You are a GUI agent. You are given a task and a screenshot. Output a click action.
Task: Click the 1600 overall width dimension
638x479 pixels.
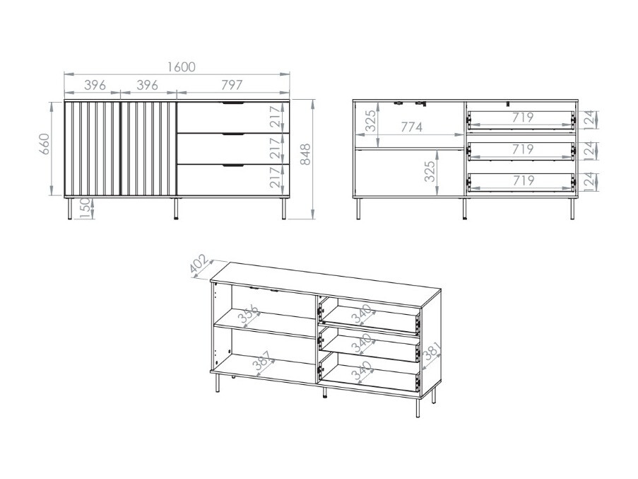pos(182,67)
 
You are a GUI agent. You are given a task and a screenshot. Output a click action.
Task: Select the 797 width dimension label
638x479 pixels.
pos(232,85)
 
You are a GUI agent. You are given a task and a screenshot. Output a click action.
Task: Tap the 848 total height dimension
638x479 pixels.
pos(305,154)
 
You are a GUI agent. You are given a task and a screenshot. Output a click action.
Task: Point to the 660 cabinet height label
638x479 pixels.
pos(44,144)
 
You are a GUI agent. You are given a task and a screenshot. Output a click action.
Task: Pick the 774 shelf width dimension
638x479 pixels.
pos(412,127)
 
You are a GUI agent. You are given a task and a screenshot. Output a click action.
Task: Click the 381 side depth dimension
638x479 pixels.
pos(431,352)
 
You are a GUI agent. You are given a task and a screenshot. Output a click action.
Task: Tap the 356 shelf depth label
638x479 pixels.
pos(249,313)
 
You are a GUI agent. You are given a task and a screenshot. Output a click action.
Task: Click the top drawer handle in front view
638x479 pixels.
pos(232,103)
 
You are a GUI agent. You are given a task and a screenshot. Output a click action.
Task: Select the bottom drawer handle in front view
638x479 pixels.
pos(232,166)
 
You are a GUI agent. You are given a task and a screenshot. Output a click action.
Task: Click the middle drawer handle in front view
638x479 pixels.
pos(232,134)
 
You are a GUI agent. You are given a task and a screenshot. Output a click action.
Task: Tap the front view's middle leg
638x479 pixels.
pos(176,209)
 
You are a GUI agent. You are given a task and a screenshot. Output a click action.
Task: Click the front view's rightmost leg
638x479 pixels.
pos(283,209)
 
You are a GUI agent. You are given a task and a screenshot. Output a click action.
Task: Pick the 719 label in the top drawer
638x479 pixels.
pos(523,117)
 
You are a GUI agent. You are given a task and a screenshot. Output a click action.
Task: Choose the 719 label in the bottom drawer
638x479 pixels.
pos(523,180)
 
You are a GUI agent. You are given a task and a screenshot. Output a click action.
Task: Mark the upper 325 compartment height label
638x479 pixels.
pos(370,120)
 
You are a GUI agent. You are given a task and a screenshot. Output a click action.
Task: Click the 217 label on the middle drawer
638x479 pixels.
pos(276,149)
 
